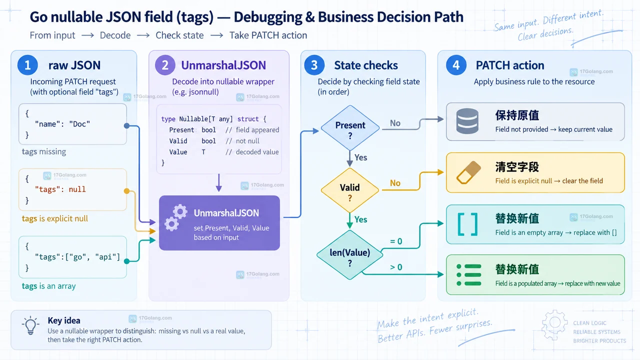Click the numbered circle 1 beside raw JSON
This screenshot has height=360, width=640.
27,65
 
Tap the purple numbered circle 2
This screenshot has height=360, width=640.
165,65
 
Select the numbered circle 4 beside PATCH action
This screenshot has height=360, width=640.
456,65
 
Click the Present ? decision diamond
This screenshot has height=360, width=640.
350,127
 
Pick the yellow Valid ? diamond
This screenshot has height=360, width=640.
350,190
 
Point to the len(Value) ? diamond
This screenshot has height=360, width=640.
349,255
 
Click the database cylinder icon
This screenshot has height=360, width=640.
467,121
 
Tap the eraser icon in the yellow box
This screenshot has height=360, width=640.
468,172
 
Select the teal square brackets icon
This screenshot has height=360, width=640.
467,224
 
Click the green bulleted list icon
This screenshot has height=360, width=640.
469,275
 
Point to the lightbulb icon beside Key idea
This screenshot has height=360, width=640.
30,325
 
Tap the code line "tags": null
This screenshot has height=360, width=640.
60,189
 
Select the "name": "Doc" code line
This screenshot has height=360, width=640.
62,124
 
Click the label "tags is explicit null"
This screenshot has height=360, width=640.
55,218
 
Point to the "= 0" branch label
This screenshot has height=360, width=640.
396,241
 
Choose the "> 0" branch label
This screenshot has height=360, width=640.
396,267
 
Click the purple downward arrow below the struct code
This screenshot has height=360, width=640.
219,182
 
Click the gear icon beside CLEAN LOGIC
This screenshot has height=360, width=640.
554,325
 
